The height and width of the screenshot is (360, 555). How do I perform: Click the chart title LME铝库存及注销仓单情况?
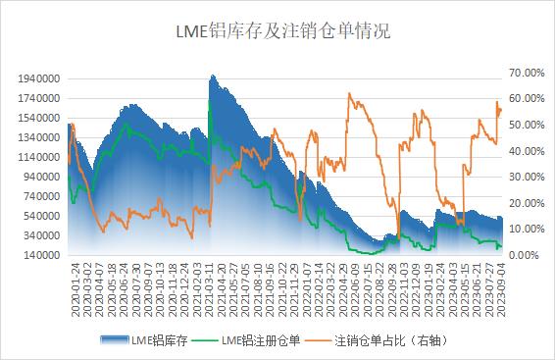point(277,31)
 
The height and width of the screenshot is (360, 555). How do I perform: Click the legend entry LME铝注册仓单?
point(261,340)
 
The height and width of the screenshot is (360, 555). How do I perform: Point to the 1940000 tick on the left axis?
point(38,78)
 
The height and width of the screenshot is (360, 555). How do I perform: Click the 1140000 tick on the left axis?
point(38,157)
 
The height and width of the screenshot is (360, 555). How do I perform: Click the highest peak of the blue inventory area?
point(212,76)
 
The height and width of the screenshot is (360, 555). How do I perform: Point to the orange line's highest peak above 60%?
point(350,93)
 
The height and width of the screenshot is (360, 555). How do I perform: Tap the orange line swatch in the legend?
point(317,340)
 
